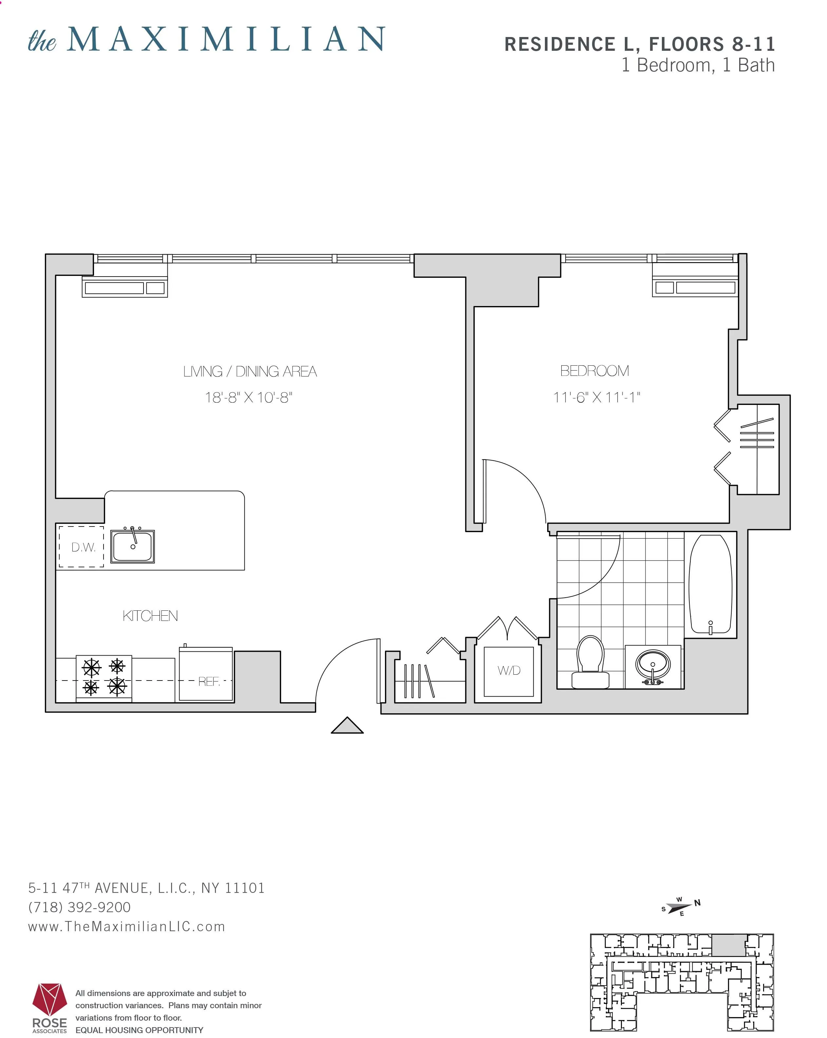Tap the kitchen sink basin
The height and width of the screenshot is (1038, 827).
[x=132, y=547]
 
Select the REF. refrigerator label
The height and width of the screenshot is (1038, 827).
[x=208, y=681]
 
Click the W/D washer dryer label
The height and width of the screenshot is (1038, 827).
[x=509, y=670]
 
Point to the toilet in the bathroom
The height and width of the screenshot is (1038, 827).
[x=590, y=662]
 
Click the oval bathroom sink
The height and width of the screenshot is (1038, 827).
[x=652, y=664]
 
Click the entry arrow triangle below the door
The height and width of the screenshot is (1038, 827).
[x=347, y=726]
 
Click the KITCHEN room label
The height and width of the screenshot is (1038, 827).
[x=150, y=616]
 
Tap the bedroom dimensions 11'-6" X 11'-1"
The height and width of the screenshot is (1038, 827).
[x=596, y=398]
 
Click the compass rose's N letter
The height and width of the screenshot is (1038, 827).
[x=697, y=903]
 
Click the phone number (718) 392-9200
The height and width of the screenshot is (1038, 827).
[x=79, y=907]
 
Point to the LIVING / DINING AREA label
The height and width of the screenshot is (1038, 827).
[x=250, y=371]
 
